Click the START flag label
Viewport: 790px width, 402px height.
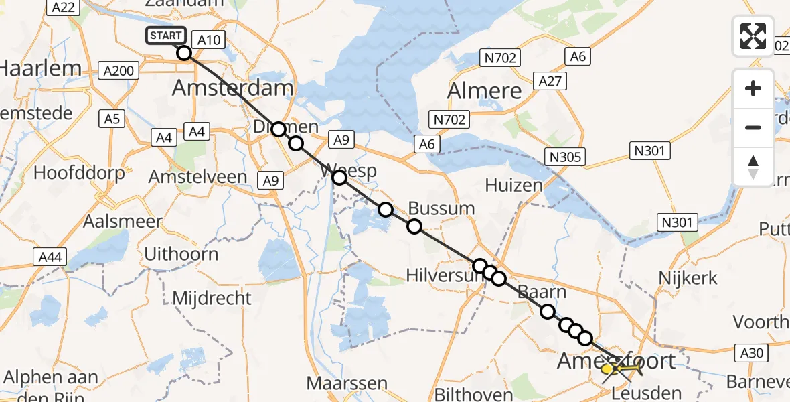point(165,36)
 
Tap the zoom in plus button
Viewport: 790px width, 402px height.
point(753,88)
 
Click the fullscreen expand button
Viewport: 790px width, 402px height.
point(753,36)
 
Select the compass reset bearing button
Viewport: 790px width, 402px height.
point(753,166)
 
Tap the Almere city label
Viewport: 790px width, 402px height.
point(484,90)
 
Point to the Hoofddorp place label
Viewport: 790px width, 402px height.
point(79,173)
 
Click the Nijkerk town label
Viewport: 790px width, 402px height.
point(688,277)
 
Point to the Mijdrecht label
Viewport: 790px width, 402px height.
point(212,297)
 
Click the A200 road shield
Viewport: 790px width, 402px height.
point(118,70)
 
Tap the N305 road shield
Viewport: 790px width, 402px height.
point(565,157)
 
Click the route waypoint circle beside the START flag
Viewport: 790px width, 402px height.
point(183,53)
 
